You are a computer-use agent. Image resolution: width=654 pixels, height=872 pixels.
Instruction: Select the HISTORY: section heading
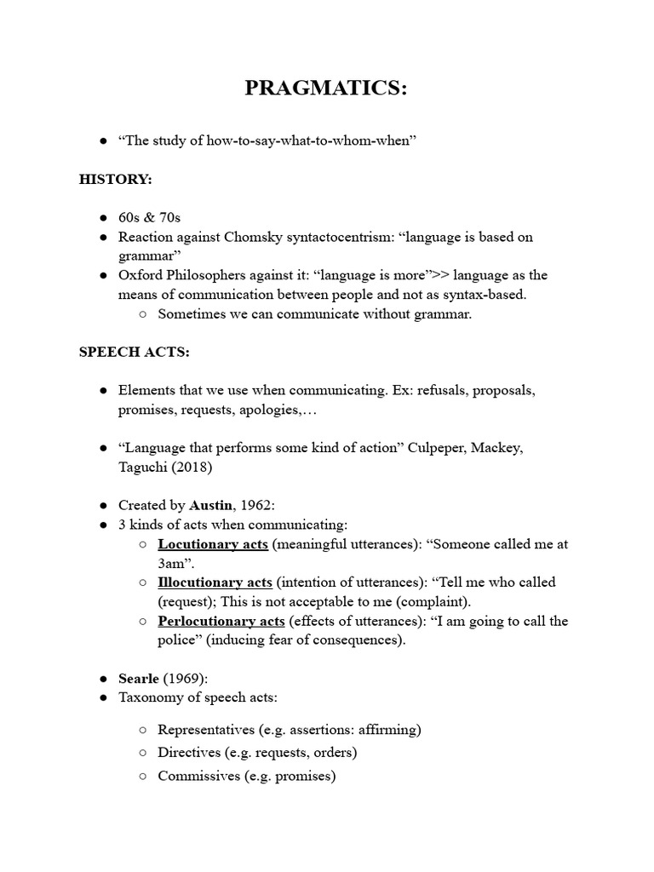[x=116, y=180]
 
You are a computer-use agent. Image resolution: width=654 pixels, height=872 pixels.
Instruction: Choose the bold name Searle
[x=138, y=679]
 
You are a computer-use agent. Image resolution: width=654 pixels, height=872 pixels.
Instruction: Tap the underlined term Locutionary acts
[x=213, y=544]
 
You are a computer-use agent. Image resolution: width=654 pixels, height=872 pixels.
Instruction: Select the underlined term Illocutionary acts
[x=215, y=582]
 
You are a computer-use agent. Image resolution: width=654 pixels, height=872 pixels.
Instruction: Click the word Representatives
[x=207, y=730]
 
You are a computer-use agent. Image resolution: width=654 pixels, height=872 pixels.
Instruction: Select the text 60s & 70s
[x=149, y=218]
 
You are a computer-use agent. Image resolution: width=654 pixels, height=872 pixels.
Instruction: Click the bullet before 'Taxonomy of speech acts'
[x=102, y=698]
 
